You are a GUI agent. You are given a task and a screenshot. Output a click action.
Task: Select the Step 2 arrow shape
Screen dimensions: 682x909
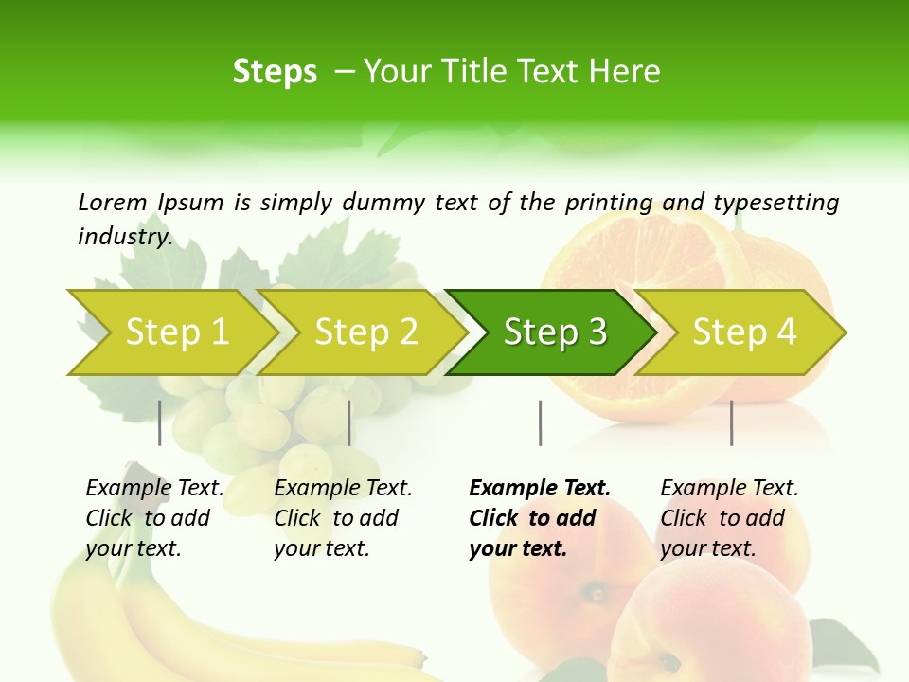coord(365,332)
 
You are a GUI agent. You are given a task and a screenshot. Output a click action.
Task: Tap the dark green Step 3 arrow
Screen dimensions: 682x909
coord(555,332)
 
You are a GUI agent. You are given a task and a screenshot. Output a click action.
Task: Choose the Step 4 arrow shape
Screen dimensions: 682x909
coord(744,332)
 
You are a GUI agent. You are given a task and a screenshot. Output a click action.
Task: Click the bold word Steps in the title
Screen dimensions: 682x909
coord(275,72)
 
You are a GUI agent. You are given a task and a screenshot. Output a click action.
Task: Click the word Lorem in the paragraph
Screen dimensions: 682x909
coord(112,202)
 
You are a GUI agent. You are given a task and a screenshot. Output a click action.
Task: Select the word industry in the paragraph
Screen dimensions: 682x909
coord(125,237)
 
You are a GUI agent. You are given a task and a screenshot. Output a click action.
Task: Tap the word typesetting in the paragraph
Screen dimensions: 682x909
coord(775,203)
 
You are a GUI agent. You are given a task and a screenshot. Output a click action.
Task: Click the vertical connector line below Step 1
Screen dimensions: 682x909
coord(160,422)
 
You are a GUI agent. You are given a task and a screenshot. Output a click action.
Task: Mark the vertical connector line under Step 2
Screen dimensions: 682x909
coord(349,422)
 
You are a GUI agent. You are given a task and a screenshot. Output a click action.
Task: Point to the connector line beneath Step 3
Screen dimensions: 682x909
coord(540,422)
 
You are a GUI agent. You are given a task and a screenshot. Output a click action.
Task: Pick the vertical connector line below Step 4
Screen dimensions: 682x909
coord(731,422)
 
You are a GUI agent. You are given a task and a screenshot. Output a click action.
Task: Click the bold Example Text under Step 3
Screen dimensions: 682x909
coord(540,488)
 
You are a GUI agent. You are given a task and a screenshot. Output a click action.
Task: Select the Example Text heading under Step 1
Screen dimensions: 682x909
coord(154,488)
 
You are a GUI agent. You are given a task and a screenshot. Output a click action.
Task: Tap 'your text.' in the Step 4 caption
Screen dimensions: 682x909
coord(708,548)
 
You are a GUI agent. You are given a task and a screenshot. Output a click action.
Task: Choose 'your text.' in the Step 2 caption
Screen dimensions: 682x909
coord(322,548)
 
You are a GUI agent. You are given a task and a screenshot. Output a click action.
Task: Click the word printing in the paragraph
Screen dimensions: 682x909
coord(609,203)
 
